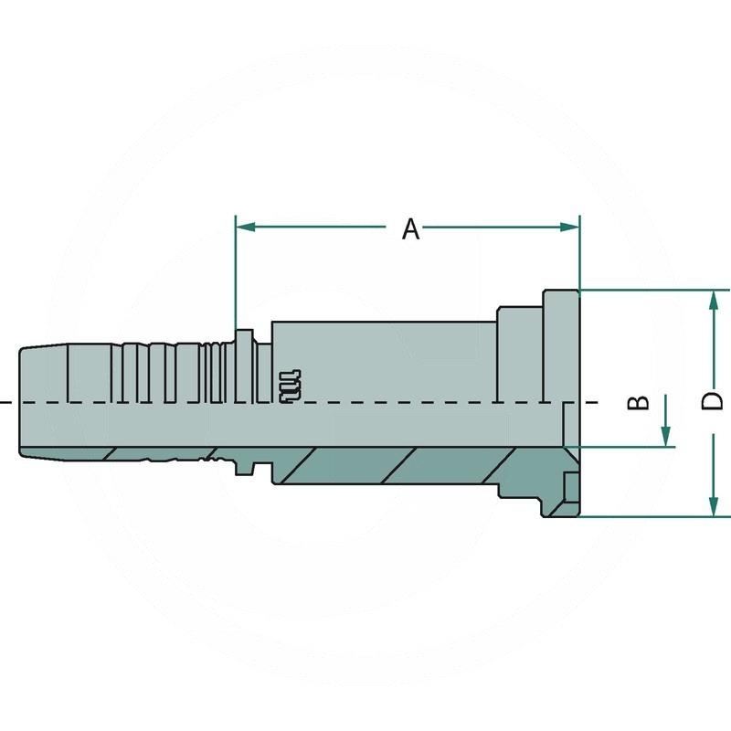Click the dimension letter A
[411, 228]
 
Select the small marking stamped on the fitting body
[288, 384]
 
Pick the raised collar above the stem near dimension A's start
[243, 336]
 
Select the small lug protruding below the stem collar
[244, 468]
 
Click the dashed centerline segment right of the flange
[592, 403]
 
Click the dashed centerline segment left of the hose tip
[6, 403]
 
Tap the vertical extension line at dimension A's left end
[236, 274]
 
